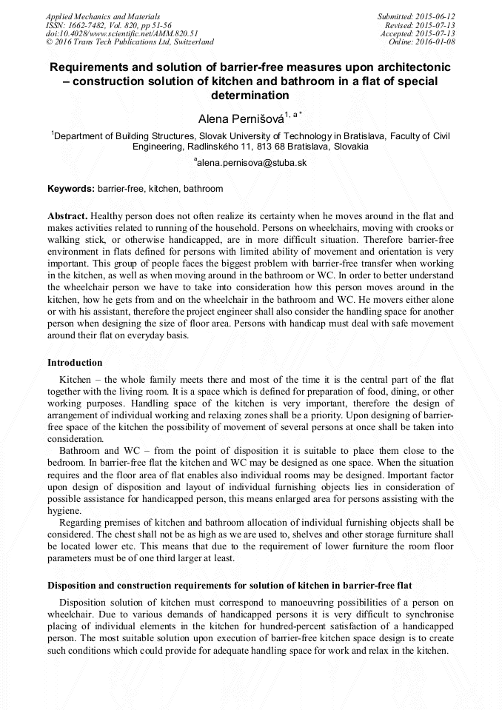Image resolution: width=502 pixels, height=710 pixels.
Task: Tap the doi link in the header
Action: point(121,34)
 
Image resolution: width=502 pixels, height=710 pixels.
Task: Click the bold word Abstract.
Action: point(67,215)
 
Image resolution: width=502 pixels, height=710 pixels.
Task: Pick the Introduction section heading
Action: point(75,363)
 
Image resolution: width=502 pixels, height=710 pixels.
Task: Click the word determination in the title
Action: point(250,96)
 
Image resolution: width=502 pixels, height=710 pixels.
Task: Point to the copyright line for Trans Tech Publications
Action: point(130,43)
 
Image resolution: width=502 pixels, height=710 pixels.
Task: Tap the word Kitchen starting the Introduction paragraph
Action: point(75,378)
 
